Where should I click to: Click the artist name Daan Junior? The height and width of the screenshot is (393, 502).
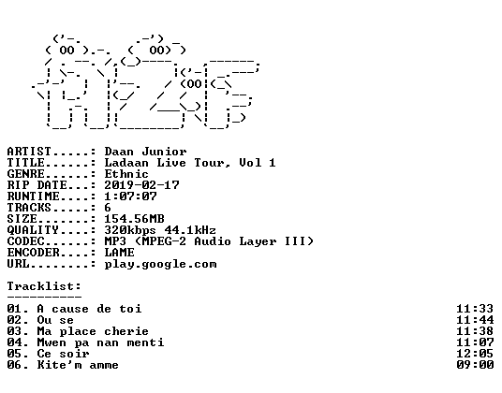(145, 152)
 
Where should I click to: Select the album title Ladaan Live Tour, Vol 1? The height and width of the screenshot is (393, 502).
(190, 163)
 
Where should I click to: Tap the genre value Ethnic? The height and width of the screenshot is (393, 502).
(126, 174)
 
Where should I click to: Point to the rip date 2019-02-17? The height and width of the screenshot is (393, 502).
(141, 185)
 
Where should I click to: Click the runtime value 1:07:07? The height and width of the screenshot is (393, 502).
(130, 196)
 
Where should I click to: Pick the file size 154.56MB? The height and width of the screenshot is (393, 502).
(135, 219)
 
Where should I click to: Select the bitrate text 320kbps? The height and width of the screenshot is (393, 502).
(130, 230)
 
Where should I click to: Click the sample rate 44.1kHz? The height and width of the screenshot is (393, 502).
(190, 230)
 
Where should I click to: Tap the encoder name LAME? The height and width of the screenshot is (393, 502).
(120, 253)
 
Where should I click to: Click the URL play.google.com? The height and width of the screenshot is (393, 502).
(161, 265)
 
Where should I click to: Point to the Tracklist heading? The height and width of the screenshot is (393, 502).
(44, 286)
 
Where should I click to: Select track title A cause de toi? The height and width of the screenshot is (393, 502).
(89, 309)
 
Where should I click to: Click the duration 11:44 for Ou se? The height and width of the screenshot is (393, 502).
(475, 320)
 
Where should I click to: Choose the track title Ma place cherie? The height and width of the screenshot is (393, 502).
(93, 331)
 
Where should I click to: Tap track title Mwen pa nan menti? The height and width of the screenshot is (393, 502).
(100, 342)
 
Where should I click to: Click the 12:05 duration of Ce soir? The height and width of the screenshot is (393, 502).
(475, 354)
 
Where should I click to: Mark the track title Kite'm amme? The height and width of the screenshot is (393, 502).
(78, 365)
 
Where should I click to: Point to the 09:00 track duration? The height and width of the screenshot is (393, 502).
(475, 365)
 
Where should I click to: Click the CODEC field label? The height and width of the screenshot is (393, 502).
(25, 241)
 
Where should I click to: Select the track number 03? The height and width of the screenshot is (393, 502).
(14, 331)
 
